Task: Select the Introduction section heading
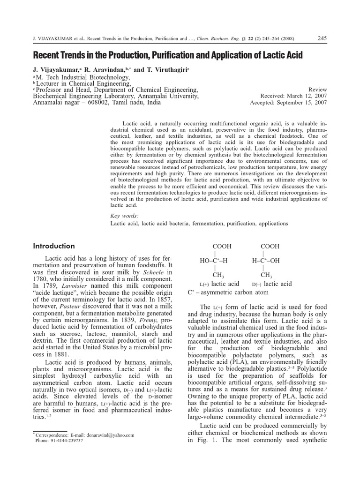coord(54,246)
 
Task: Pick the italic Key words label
coord(124,216)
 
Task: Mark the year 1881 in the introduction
coord(58,354)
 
